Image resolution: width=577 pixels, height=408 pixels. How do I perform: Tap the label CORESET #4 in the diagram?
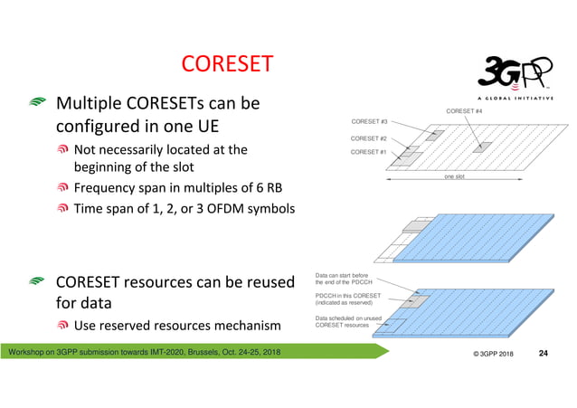(465, 110)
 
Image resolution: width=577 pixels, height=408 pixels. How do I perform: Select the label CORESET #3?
(369, 121)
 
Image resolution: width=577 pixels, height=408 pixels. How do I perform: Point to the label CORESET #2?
(369, 138)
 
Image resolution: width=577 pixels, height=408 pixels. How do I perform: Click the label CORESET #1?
(369, 152)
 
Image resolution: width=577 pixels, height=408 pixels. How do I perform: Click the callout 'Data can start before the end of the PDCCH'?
(348, 278)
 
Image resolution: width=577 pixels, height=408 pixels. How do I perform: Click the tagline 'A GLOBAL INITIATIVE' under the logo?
(516, 98)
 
